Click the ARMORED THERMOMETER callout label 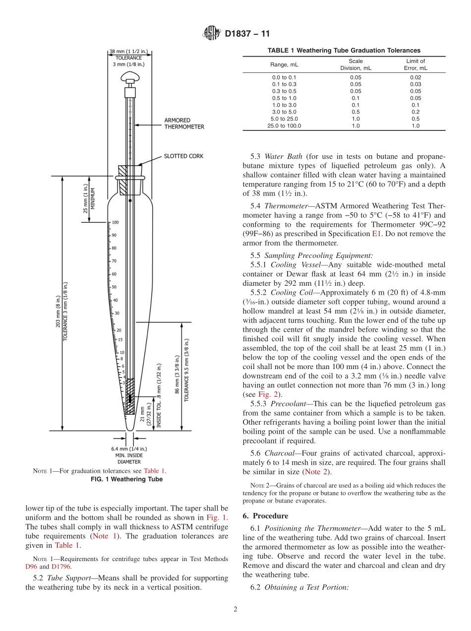184,124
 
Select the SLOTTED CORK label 183,156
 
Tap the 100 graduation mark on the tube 115,222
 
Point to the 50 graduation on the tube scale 114,287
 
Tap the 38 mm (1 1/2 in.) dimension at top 128,51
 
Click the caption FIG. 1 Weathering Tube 127,479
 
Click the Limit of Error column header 415,64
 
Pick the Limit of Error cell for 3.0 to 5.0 415,112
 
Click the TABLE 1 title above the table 344,50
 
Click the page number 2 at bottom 235,610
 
